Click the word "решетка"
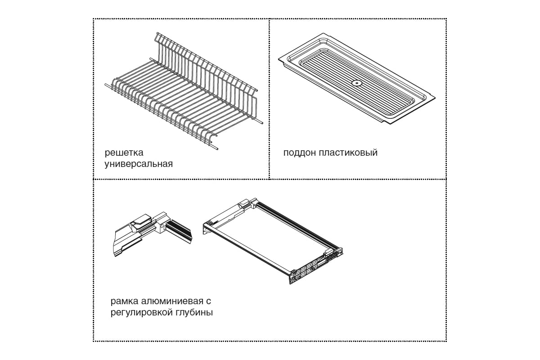pyautogui.click(x=124, y=153)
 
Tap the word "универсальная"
pyautogui.click(x=139, y=164)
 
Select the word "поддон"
pyautogui.click(x=299, y=153)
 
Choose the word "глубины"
pyautogui.click(x=195, y=313)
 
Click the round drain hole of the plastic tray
pyautogui.click(x=356, y=83)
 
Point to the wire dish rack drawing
pyautogui.click(x=183, y=92)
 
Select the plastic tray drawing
pyautogui.click(x=357, y=78)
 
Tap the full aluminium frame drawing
pyautogui.click(x=272, y=241)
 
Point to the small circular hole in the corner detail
pyautogui.click(x=162, y=226)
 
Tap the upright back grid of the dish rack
pyautogui.click(x=207, y=75)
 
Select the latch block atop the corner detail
pyautogui.click(x=142, y=221)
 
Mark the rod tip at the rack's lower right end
pyautogui.click(x=217, y=149)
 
